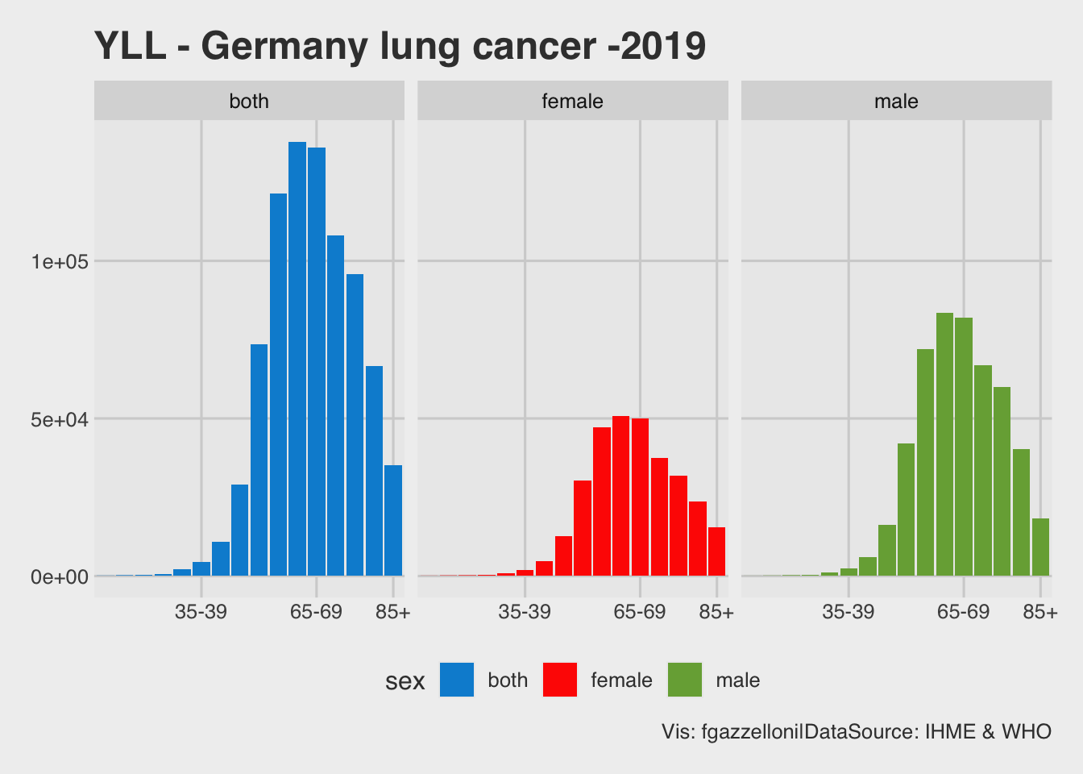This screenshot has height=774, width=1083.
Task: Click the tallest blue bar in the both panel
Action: (297, 359)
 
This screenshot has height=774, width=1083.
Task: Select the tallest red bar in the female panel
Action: (620, 496)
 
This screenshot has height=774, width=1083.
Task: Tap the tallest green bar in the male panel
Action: (944, 444)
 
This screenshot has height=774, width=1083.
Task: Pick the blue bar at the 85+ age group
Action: (393, 521)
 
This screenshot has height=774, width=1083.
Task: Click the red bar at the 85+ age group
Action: (716, 551)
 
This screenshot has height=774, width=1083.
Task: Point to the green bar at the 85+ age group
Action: (1040, 547)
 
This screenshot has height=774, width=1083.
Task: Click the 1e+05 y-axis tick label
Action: (60, 262)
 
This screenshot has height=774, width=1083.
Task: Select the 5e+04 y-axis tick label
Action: (60, 419)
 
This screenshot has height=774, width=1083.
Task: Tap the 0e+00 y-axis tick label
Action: (60, 577)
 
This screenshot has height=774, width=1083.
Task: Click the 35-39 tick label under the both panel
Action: (201, 612)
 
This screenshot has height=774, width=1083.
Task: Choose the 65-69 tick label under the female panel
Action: (640, 612)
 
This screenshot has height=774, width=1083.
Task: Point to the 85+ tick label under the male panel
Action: (1040, 612)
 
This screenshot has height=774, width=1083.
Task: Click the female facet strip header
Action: (573, 101)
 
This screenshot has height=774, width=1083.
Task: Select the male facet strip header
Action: (896, 101)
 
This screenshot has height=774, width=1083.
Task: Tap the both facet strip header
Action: (249, 101)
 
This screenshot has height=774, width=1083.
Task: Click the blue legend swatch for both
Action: (457, 680)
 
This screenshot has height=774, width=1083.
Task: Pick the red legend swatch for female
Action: (560, 680)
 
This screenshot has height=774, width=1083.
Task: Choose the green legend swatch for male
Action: (685, 680)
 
